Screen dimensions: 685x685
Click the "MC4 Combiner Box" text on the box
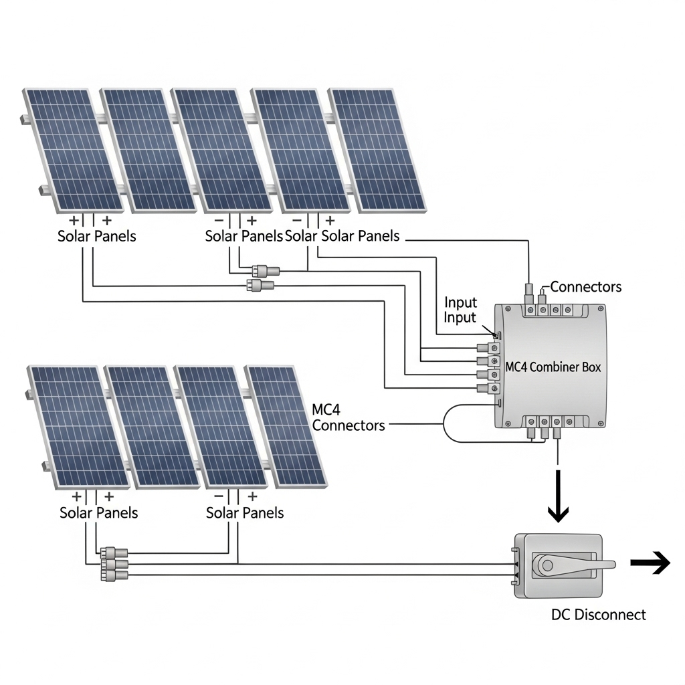pyautogui.click(x=553, y=367)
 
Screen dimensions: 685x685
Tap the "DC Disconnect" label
pyautogui.click(x=599, y=614)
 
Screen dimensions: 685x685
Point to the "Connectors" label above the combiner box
pyautogui.click(x=585, y=287)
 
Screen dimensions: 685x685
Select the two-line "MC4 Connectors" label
pyautogui.click(x=348, y=417)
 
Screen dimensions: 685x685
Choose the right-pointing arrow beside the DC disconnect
pyautogui.click(x=650, y=564)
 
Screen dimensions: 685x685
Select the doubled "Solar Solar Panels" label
pyautogui.click(x=342, y=236)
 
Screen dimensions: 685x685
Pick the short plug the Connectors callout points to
pyautogui.click(x=540, y=295)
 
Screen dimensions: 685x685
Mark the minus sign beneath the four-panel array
pyautogui.click(x=218, y=497)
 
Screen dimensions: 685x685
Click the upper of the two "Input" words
pyautogui.click(x=461, y=303)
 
